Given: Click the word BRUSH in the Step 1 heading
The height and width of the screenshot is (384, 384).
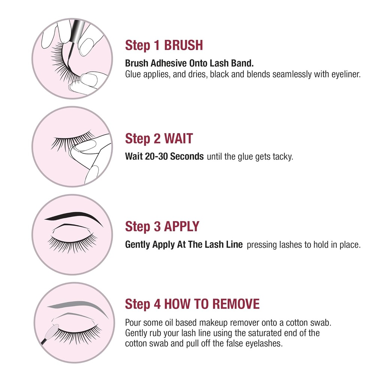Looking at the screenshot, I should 183,45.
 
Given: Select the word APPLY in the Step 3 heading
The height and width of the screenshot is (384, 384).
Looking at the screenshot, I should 181,227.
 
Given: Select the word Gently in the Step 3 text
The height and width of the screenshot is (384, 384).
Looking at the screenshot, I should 138,245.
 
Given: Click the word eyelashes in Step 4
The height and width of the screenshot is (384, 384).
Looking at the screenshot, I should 262,343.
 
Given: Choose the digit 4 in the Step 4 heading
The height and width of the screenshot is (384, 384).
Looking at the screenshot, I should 157,304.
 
